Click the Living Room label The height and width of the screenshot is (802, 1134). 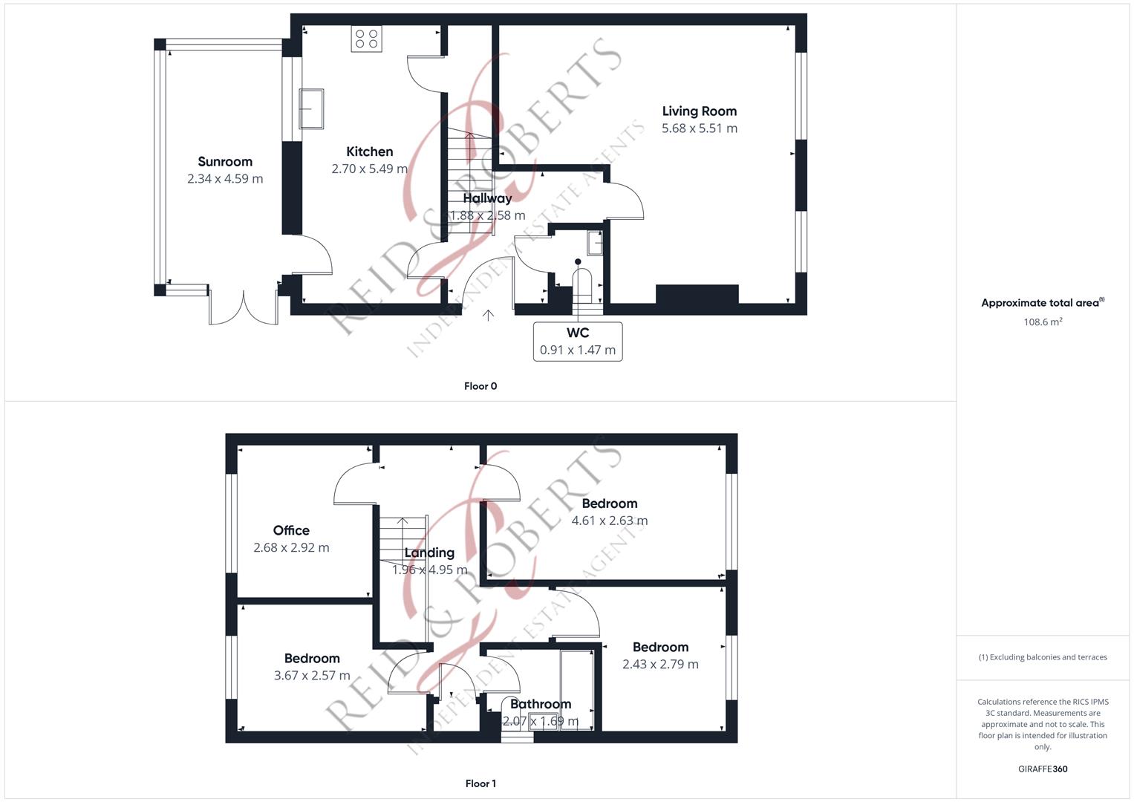[699, 111]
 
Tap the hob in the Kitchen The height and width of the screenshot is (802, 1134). [367, 39]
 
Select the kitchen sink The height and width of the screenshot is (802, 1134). [311, 109]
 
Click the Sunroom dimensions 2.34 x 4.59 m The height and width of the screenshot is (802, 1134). [225, 179]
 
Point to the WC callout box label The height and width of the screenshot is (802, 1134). [578, 333]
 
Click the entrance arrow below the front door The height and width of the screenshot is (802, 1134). [488, 315]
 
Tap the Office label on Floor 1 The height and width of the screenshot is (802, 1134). [291, 530]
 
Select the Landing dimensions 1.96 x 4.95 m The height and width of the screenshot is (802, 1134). [429, 570]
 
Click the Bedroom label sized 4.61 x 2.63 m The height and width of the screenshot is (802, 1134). [610, 503]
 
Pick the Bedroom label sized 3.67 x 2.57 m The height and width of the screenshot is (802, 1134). [312, 658]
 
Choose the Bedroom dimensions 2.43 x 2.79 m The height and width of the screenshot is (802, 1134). [660, 665]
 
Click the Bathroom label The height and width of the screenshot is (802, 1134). [541, 704]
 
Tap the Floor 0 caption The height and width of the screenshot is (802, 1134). [480, 386]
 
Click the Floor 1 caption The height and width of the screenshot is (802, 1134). [480, 783]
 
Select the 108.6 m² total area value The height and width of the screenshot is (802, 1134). [1043, 322]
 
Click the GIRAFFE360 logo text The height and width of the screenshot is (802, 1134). [1043, 769]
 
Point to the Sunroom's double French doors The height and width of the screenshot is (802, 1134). [244, 307]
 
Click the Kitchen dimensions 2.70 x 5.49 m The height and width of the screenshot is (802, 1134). [369, 169]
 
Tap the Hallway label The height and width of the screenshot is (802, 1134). [487, 198]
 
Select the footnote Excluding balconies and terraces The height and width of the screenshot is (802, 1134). [1043, 657]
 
